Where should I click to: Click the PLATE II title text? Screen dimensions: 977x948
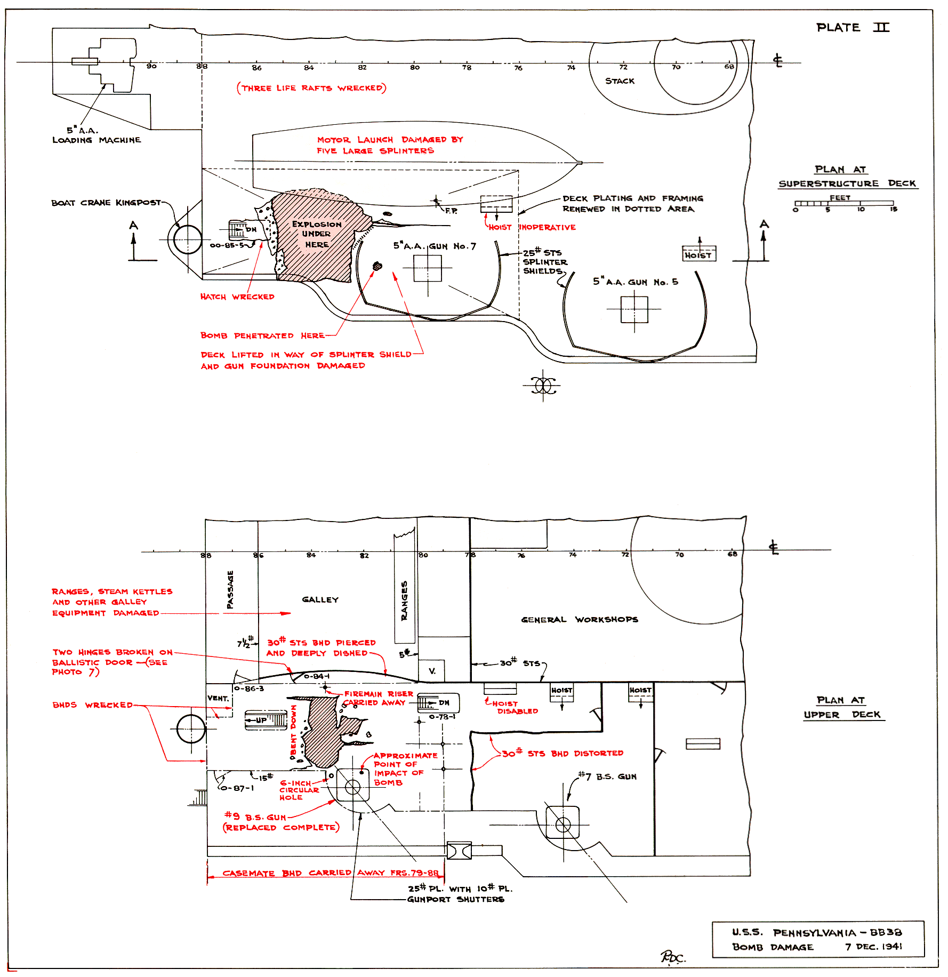click(x=852, y=28)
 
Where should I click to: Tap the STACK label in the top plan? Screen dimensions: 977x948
click(x=620, y=81)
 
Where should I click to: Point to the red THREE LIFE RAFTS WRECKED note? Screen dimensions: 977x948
click(x=311, y=88)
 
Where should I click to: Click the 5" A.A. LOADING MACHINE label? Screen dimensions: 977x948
click(x=96, y=135)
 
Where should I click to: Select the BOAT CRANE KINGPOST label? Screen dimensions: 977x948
click(x=106, y=203)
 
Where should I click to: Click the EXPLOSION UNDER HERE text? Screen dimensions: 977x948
click(x=316, y=234)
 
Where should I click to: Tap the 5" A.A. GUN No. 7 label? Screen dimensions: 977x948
click(x=435, y=246)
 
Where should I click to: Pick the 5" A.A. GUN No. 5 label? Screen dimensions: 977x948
click(x=635, y=282)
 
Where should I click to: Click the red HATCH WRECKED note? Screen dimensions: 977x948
click(x=237, y=297)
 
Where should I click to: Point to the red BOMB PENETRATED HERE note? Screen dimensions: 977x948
click(x=262, y=335)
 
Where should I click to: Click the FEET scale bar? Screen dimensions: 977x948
click(x=843, y=203)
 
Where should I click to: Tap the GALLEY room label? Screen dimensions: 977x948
click(x=320, y=599)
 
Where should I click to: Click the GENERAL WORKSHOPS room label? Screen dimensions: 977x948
click(x=579, y=619)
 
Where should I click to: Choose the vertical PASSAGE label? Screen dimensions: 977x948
click(x=230, y=589)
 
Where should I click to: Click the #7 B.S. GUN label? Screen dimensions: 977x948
click(x=607, y=776)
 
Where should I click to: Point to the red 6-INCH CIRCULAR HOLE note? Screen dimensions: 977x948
click(x=299, y=790)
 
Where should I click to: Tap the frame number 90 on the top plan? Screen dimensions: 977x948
click(x=151, y=66)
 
